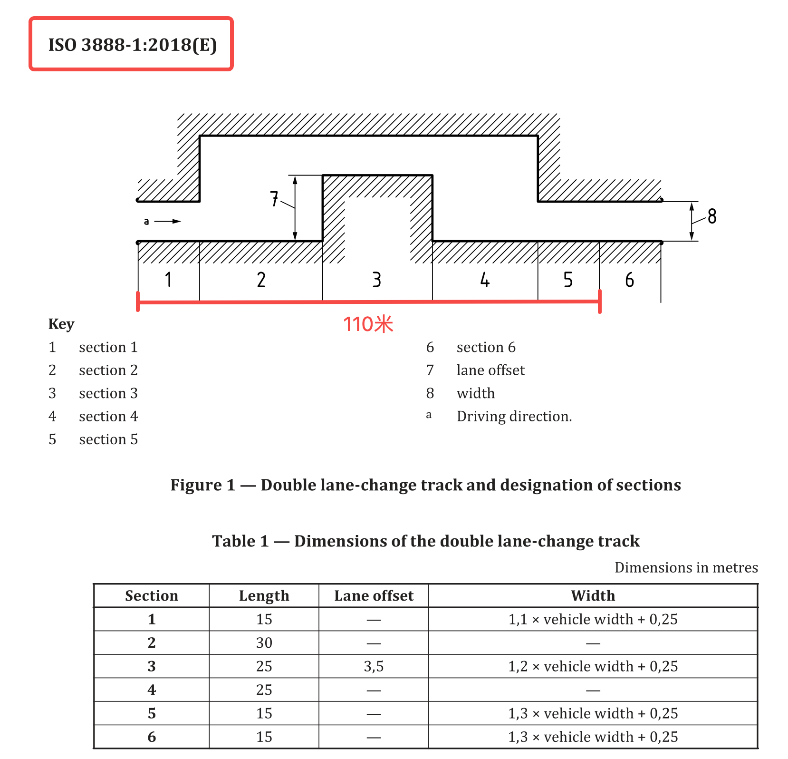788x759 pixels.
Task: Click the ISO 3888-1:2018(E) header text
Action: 132,45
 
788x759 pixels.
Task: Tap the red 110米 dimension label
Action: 368,324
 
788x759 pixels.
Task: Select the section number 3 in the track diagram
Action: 376,280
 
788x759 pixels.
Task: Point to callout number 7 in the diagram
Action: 274,199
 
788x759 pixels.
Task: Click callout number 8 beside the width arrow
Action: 711,216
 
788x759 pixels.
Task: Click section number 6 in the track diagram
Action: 629,280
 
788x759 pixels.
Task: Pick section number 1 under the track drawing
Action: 168,280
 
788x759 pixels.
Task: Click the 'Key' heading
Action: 61,324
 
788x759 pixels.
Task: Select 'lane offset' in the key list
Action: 490,370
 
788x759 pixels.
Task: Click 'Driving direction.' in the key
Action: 514,416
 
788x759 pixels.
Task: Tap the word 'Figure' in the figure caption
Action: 196,485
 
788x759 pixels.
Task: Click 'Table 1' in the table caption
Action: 240,541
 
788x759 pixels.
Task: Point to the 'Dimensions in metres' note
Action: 686,567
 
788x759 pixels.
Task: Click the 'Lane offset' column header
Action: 374,595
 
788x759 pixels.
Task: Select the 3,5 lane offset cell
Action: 374,666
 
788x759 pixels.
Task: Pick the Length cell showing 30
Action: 264,642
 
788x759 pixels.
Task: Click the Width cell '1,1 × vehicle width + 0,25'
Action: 593,619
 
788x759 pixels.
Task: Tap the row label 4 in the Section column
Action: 152,690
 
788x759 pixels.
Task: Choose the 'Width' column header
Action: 593,595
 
